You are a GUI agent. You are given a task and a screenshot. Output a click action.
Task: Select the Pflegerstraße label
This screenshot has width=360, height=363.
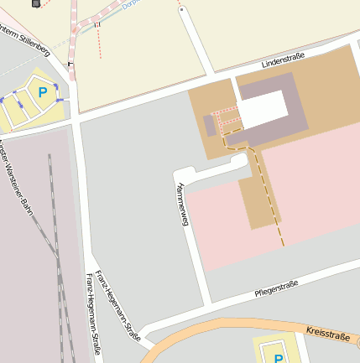point(277,288)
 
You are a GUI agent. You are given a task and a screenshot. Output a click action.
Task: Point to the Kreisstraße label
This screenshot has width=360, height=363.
point(327,336)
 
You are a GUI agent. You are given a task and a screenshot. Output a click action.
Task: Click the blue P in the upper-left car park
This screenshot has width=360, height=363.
point(42,93)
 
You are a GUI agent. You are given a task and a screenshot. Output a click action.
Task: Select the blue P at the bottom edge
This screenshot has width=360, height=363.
point(279,358)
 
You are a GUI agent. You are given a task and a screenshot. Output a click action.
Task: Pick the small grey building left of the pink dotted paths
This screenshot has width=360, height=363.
point(209,126)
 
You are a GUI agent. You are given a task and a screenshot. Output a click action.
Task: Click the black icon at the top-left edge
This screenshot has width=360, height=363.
point(35,3)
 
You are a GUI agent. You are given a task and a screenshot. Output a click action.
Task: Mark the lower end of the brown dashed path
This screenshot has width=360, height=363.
point(283,245)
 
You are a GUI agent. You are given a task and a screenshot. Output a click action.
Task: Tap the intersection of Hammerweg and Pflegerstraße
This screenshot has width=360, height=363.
point(206,304)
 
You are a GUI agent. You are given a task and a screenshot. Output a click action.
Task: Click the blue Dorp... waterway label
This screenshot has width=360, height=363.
point(128,4)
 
